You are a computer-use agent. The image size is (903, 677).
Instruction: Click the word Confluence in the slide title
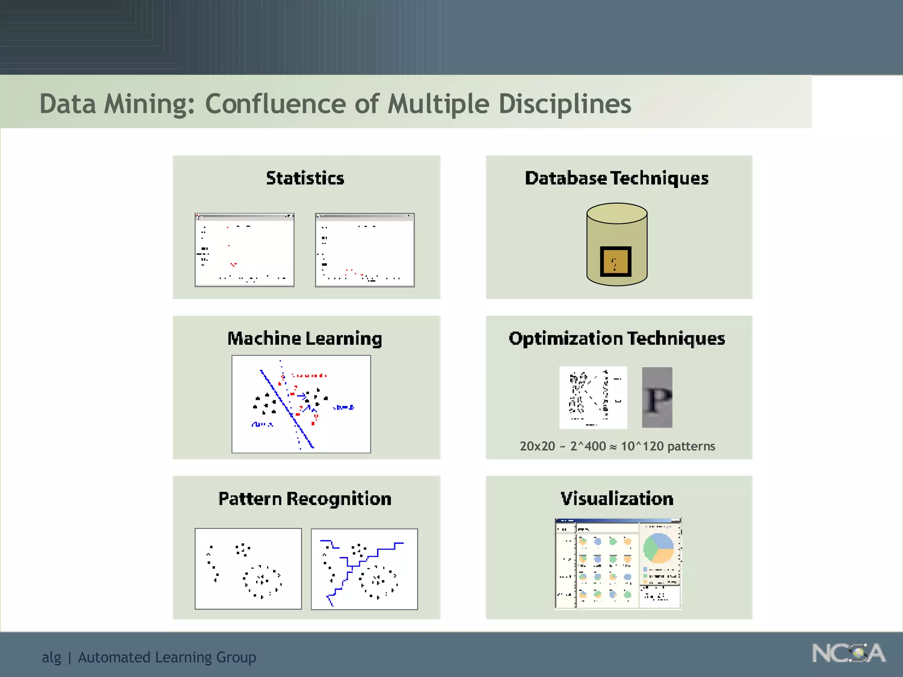click(x=275, y=104)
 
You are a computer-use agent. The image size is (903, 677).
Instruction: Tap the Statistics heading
click(x=305, y=178)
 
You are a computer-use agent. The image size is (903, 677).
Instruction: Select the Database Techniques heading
click(x=616, y=178)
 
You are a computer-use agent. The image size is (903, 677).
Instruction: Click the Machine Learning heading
click(x=305, y=338)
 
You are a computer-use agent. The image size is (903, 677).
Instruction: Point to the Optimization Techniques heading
click(x=616, y=338)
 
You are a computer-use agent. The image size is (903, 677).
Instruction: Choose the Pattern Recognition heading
click(x=305, y=499)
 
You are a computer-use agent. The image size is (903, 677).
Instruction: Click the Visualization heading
click(x=616, y=499)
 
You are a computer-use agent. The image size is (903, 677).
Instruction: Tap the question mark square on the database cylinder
click(x=616, y=262)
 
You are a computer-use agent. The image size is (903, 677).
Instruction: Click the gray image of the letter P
click(x=657, y=398)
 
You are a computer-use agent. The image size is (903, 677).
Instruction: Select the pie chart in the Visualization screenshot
click(x=659, y=548)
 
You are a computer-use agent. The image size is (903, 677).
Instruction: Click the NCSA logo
click(x=848, y=653)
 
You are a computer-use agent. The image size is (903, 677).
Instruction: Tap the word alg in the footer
click(x=51, y=657)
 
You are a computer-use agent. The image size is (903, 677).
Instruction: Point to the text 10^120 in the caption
click(x=642, y=446)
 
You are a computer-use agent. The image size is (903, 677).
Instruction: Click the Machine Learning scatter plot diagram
click(x=301, y=404)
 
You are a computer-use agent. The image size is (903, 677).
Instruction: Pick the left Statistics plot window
click(x=244, y=250)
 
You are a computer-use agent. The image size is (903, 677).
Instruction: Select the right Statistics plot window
click(x=365, y=250)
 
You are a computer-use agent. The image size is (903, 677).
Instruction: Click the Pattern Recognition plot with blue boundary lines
click(x=364, y=569)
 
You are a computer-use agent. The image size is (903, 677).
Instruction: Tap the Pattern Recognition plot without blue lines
click(x=248, y=569)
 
